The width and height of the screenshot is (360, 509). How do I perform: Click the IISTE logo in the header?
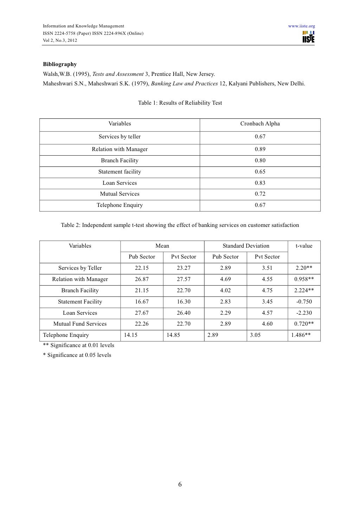[308, 37]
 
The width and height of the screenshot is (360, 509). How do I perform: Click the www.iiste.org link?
[301, 26]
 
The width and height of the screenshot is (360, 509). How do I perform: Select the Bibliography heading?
[60, 64]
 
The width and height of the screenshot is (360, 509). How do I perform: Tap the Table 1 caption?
[180, 103]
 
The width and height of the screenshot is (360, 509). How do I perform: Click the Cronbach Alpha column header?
[260, 124]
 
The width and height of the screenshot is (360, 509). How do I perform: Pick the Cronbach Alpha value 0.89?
[260, 149]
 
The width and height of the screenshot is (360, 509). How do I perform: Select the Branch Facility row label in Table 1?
[120, 161]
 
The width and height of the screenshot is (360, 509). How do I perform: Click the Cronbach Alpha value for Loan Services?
[260, 183]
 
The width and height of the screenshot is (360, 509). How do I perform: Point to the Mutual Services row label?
[120, 194]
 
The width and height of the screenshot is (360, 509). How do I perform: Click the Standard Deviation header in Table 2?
[246, 246]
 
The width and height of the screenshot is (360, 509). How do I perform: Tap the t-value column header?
[304, 246]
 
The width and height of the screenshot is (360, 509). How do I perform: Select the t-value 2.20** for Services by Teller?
[304, 268]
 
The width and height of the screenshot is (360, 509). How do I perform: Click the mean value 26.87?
[142, 279]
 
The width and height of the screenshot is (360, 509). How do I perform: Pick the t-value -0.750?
[304, 302]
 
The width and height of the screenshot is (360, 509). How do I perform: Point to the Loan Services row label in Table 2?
[80, 313]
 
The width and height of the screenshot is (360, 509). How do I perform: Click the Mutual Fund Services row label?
[80, 324]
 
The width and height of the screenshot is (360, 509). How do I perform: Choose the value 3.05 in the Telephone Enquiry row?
[255, 335]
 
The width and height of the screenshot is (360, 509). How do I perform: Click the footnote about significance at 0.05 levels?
[77, 355]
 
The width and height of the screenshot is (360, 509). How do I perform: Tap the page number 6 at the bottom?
[180, 485]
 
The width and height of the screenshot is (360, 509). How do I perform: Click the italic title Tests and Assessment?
[118, 74]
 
